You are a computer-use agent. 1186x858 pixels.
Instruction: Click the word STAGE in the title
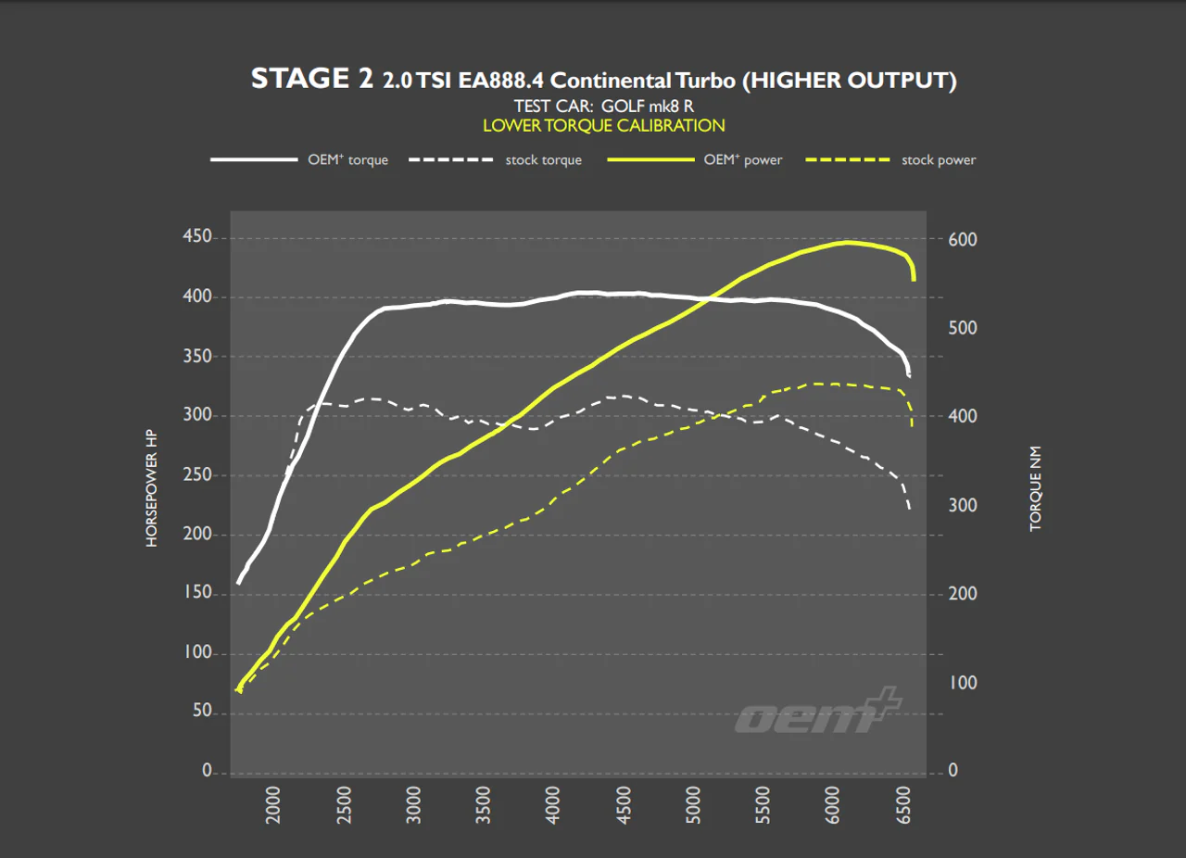[x=299, y=79]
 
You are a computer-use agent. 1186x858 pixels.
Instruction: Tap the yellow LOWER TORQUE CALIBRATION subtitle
[x=603, y=126]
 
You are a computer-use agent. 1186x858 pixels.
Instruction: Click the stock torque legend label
[x=543, y=160]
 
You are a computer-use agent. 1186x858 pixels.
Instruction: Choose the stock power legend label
[x=939, y=160]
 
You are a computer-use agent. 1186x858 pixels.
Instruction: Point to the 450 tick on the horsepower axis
[x=197, y=236]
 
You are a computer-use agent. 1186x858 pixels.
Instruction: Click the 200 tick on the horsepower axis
[x=197, y=534]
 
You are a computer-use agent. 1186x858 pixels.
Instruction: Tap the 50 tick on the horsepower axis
[x=202, y=711]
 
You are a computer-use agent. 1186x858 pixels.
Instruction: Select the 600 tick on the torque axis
[x=963, y=239]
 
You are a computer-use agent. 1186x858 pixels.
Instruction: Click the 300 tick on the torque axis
[x=963, y=505]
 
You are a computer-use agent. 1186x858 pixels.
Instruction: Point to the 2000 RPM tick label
[x=272, y=805]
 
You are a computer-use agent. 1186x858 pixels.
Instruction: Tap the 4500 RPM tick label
[x=624, y=805]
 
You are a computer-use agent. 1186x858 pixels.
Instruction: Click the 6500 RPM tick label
[x=903, y=805]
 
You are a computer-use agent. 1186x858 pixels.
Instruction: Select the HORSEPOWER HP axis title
[x=151, y=488]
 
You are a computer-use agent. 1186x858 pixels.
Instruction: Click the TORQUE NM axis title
[x=1035, y=488]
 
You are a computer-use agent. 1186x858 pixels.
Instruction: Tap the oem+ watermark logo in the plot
[x=818, y=712]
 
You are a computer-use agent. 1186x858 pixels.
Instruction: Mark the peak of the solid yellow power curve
[x=848, y=243]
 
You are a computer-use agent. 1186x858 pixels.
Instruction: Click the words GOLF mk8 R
[x=648, y=107]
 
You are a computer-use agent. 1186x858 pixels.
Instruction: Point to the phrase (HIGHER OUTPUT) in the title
[x=850, y=81]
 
